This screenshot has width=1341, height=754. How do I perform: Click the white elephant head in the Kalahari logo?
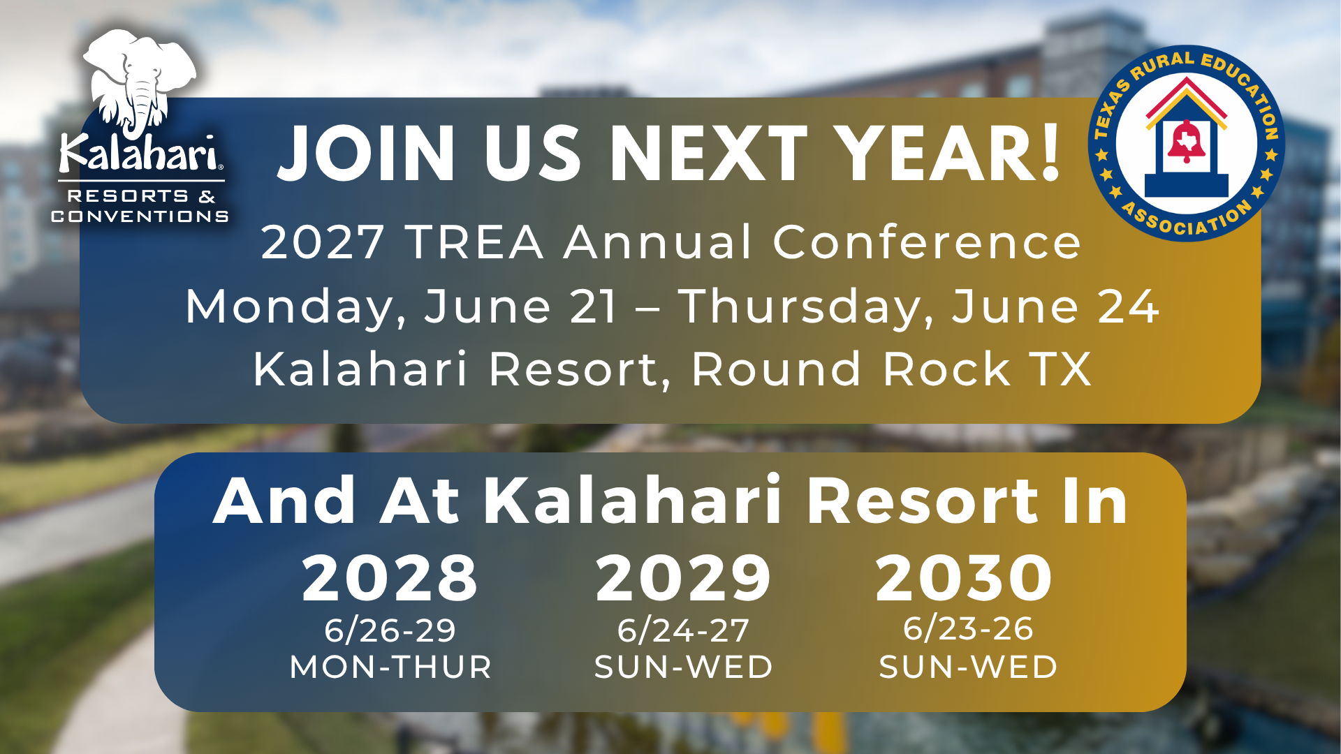140,80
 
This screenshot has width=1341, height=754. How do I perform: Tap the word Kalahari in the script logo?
140,153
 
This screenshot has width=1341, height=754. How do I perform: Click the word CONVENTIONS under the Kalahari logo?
140,216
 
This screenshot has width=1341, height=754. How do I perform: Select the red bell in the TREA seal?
1187,142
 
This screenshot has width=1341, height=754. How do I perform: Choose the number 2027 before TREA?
323,242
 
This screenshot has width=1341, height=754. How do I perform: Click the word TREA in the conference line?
475,242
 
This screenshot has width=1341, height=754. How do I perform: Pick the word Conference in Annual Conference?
927,242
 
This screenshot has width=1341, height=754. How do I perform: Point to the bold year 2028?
390,578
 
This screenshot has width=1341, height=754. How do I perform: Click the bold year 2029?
683,578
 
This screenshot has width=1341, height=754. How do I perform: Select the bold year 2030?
964,578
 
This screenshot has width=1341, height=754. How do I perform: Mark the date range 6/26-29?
390,630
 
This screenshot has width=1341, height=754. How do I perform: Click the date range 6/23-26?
968,628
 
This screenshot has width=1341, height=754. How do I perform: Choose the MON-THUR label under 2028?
390,667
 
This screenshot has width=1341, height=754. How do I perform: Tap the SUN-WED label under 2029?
684,667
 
